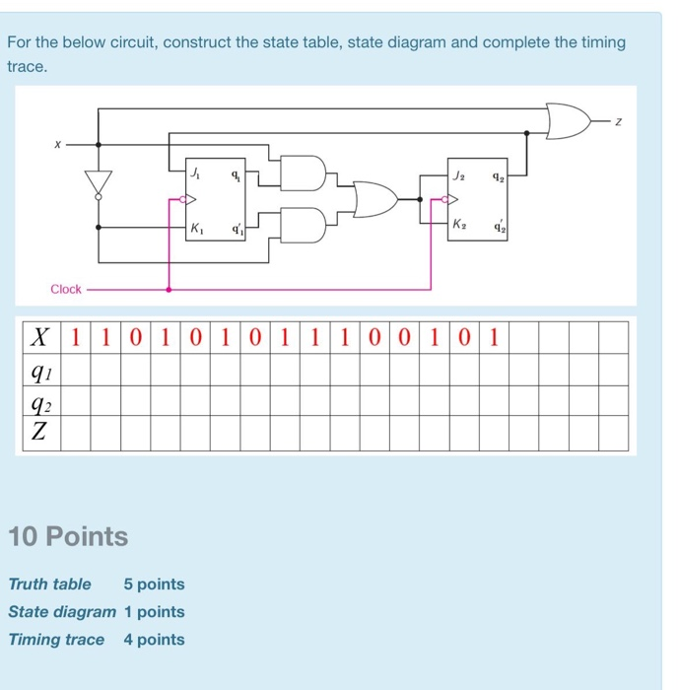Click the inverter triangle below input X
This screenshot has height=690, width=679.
click(x=98, y=182)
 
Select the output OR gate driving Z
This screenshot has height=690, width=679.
click(x=567, y=121)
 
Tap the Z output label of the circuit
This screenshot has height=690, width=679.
click(x=619, y=121)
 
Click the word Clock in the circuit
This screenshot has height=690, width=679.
click(x=66, y=289)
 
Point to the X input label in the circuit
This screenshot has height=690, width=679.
click(x=58, y=143)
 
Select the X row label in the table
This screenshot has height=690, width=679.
click(x=39, y=338)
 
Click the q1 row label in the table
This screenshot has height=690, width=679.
click(x=39, y=370)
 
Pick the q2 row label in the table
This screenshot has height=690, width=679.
click(x=39, y=401)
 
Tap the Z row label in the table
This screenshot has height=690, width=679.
click(x=39, y=432)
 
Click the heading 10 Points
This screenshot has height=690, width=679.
click(x=68, y=537)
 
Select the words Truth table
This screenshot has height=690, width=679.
click(x=49, y=584)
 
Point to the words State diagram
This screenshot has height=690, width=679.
click(x=62, y=611)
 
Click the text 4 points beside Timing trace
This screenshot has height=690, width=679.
click(x=154, y=639)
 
